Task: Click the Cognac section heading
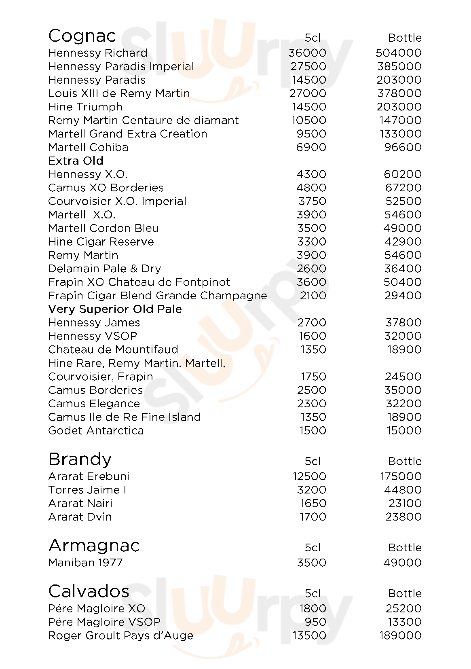point(82,36)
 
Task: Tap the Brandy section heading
point(80,459)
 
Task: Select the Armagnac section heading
point(94,546)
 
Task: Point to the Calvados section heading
point(89,591)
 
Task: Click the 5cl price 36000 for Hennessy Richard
point(307,53)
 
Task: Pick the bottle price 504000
point(398,53)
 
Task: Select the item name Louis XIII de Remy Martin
point(119,93)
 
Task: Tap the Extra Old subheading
point(76,161)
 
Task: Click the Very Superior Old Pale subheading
point(115,309)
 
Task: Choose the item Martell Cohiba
point(88,147)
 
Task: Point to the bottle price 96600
point(403,147)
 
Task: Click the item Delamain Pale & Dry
point(104,269)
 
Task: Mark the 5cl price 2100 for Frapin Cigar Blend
point(313,296)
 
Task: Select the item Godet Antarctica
point(96,430)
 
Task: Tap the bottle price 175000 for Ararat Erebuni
point(401,476)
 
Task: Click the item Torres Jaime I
point(87,490)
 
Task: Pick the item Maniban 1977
point(85,563)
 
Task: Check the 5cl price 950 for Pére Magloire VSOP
point(315,622)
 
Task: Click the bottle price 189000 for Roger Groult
point(400,635)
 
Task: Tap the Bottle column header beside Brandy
point(405,462)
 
